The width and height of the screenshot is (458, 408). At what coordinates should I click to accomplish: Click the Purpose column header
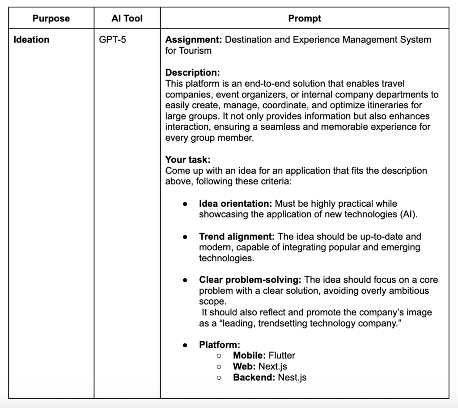[51, 18]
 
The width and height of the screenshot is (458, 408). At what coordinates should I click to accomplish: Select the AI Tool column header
[127, 18]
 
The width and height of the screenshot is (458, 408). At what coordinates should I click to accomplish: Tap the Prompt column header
[305, 18]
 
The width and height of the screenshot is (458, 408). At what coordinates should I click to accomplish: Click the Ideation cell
[31, 39]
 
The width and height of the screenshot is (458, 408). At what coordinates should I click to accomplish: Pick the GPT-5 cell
[113, 39]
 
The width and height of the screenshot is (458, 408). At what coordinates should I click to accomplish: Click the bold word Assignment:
[194, 39]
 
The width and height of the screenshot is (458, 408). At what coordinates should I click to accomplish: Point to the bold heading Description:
[192, 72]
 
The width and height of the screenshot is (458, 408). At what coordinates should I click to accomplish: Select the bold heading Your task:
[187, 160]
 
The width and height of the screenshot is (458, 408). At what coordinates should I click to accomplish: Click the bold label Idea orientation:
[236, 204]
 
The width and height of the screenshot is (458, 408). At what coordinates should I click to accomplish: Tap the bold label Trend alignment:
[237, 236]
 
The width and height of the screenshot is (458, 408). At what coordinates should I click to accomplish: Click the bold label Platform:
[220, 345]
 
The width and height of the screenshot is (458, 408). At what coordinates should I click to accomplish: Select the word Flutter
[282, 356]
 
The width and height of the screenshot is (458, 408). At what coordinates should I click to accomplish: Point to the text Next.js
[273, 366]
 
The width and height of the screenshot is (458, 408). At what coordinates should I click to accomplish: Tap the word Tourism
[195, 51]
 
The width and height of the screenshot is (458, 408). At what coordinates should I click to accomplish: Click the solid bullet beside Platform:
[185, 345]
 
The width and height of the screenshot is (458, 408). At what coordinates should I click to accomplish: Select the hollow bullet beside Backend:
[219, 378]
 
